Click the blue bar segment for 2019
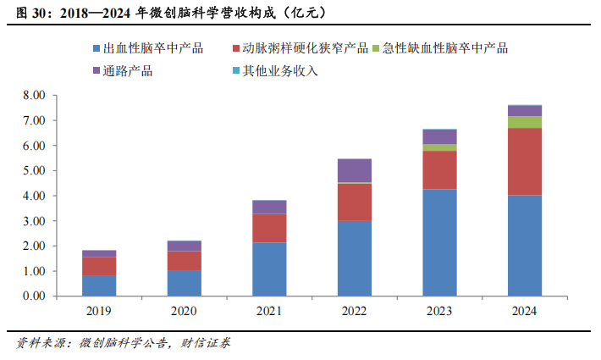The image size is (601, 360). pos(99,285)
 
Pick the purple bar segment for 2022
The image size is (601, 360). pos(355,170)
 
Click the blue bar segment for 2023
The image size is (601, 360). pos(439,242)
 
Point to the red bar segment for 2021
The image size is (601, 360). pos(269,228)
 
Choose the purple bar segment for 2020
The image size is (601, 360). pos(185,246)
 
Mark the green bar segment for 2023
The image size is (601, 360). pos(439,147)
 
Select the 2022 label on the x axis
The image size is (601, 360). pos(355,311)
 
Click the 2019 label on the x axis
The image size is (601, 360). pos(99,311)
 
